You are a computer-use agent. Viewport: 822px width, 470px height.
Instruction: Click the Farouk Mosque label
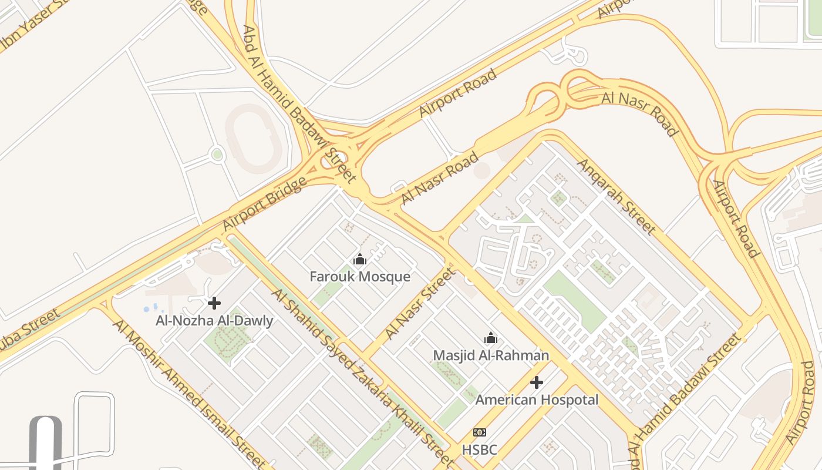(x=360, y=276)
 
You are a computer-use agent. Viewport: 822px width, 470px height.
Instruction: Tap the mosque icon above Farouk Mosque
(x=360, y=259)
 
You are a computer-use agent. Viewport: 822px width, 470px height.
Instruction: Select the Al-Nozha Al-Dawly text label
(x=214, y=321)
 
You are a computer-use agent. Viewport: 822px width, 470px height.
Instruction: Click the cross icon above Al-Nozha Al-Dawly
(x=214, y=303)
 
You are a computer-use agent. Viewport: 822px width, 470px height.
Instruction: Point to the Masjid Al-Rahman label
(x=491, y=355)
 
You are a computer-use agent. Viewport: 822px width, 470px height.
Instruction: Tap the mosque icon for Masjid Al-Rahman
(x=491, y=338)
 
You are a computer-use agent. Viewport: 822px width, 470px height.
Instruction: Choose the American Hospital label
(x=537, y=400)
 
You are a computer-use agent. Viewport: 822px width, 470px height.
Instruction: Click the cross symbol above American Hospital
(x=537, y=382)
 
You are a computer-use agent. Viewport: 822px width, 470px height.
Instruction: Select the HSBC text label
(x=479, y=450)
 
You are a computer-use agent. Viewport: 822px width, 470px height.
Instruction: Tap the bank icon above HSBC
(x=480, y=432)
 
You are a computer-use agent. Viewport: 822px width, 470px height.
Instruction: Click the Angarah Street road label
(x=616, y=196)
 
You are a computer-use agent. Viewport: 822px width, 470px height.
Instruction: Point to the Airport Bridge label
(x=265, y=204)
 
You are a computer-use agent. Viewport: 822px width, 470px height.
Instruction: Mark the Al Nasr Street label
(x=420, y=303)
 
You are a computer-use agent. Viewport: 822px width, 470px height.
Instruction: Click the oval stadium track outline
(x=254, y=139)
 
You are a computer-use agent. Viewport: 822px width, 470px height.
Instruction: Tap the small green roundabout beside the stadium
(x=217, y=155)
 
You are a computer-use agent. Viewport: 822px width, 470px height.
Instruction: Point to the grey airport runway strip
(x=46, y=444)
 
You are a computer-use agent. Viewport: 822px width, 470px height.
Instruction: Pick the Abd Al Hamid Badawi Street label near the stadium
(x=299, y=103)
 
